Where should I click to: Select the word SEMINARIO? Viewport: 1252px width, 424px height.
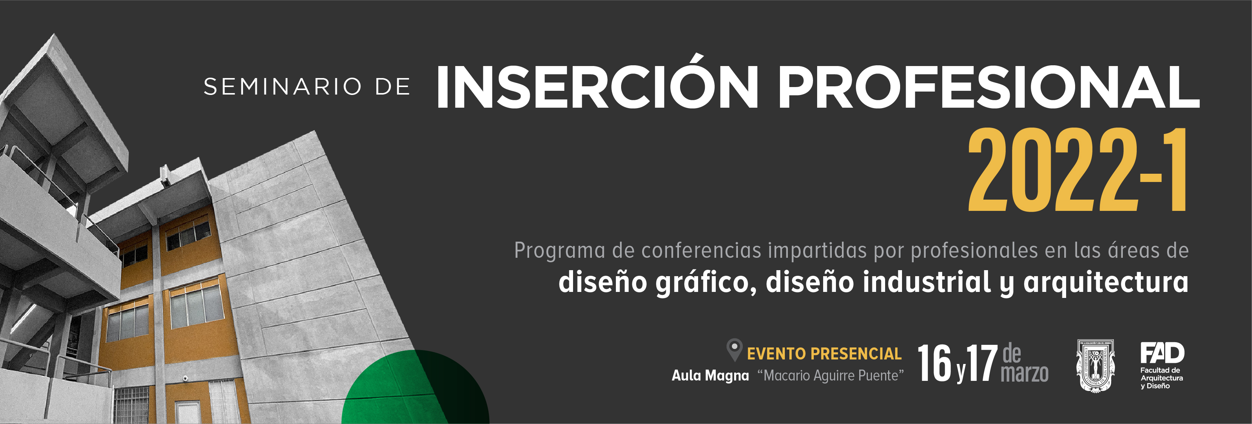(x=282, y=87)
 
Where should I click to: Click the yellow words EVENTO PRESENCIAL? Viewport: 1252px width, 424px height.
(x=824, y=353)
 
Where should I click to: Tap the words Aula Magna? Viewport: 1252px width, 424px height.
(x=710, y=376)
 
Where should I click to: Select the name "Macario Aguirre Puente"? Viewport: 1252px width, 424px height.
(x=831, y=376)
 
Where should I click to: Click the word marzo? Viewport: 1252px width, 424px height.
(x=1024, y=373)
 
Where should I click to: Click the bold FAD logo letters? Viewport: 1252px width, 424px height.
(x=1162, y=353)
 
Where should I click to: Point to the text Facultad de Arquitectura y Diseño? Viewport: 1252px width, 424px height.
(x=1161, y=378)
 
